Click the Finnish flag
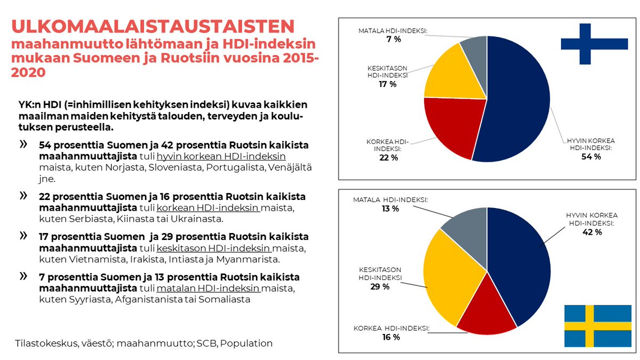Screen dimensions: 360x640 coord(594,44)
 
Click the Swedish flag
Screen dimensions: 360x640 coord(597,325)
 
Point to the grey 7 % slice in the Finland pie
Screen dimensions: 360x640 coord(475,51)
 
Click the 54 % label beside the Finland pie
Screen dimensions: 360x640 coord(590,156)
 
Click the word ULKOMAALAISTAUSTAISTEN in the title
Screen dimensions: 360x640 coord(153,27)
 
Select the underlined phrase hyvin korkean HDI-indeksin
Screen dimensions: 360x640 coord(221,156)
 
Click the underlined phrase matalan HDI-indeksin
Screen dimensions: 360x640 coord(209,289)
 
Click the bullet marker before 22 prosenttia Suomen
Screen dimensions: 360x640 coord(23,196)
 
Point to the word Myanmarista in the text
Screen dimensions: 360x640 coord(253,260)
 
